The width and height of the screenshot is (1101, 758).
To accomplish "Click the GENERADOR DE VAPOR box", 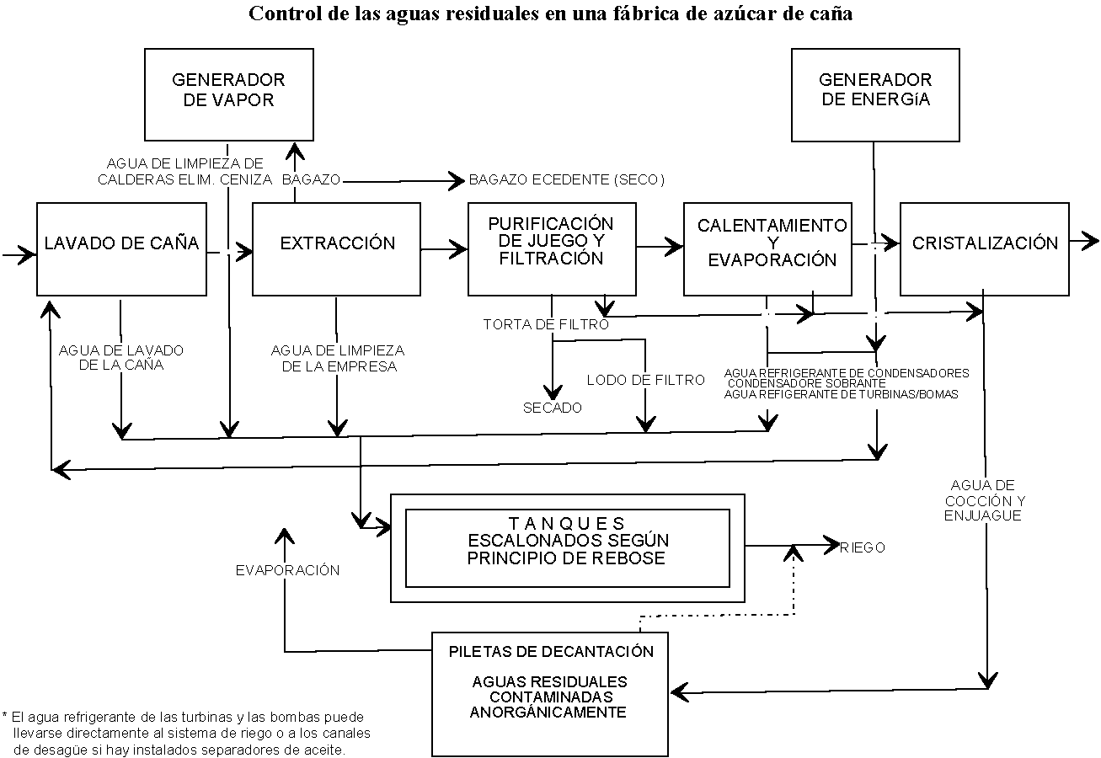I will (x=228, y=93).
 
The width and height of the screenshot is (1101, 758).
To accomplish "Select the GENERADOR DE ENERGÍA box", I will (x=875, y=93).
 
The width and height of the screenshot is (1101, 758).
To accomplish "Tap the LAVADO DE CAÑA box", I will (x=121, y=248).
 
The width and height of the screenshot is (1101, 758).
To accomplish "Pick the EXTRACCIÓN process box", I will (x=336, y=248).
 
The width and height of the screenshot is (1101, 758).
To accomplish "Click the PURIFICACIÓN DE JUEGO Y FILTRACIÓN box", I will (x=552, y=248).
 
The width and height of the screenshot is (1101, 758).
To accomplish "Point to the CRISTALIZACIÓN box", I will (x=984, y=248).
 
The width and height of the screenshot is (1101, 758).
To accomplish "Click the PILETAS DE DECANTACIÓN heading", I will (x=551, y=651).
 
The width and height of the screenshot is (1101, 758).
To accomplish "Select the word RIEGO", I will (x=863, y=547).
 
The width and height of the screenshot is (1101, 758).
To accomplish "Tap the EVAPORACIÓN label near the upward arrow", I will (x=287, y=570).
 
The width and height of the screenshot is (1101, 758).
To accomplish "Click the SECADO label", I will (x=552, y=408).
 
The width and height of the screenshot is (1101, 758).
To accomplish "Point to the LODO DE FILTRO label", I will (x=645, y=380).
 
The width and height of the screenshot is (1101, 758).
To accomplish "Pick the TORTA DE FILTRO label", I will (x=546, y=324).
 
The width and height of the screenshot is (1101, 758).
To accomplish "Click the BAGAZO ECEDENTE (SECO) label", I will (x=567, y=180).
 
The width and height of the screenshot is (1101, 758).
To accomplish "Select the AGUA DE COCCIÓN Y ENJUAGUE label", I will (x=983, y=499).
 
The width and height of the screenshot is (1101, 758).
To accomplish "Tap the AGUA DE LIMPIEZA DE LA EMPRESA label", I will (x=338, y=358).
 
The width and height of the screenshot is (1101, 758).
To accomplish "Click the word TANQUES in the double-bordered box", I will (x=567, y=522).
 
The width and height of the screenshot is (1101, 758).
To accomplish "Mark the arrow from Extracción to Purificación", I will (x=444, y=248).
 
